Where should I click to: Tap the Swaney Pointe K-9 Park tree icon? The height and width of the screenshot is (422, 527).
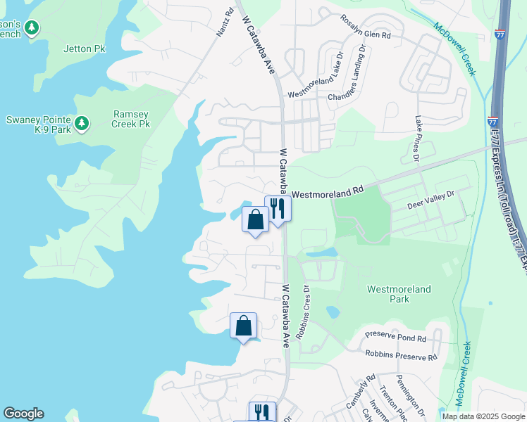click(82, 124)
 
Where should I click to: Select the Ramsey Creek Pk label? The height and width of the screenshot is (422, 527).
click(131, 119)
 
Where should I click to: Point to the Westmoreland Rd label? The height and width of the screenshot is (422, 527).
click(327, 191)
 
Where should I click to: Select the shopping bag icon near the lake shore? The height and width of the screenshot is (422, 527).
click(243, 326)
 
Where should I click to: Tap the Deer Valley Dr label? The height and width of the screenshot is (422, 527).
click(432, 203)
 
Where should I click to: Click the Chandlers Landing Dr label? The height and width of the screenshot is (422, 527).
click(349, 73)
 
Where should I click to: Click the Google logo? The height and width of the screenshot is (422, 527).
click(23, 414)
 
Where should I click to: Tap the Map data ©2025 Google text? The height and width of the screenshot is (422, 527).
click(483, 416)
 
